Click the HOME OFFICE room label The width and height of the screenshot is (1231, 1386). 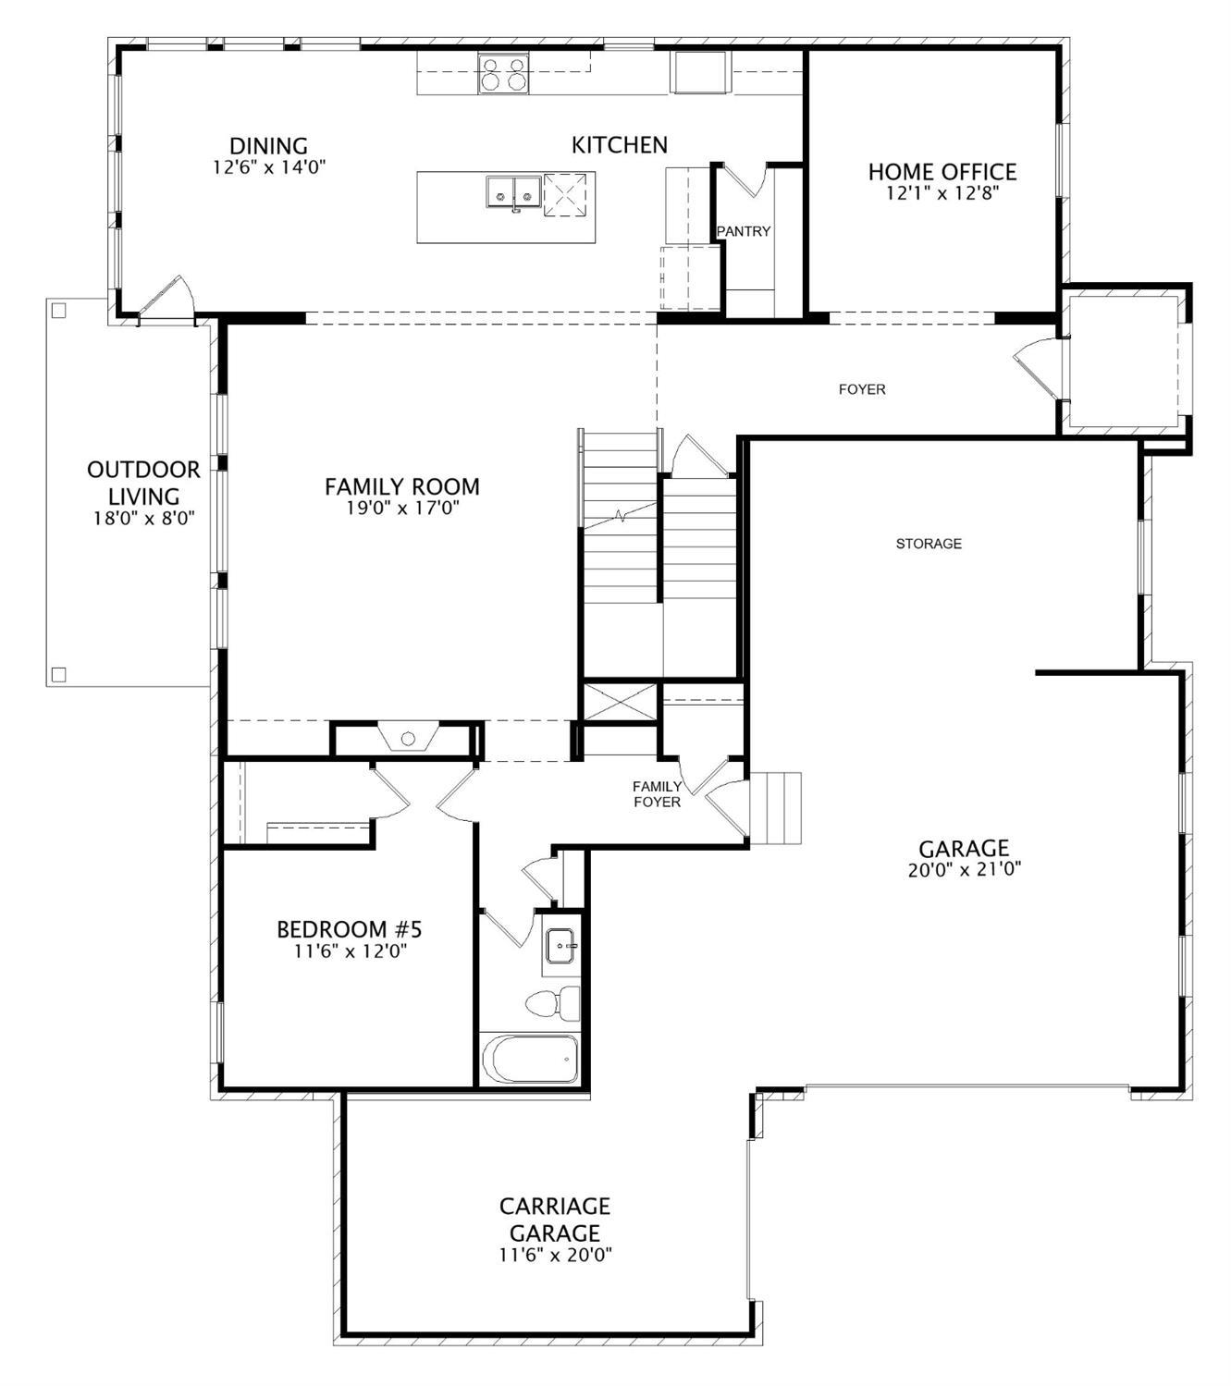942,172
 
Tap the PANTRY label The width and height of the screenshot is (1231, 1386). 744,231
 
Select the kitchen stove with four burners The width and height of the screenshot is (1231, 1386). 503,73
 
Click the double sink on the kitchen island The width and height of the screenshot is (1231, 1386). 512,192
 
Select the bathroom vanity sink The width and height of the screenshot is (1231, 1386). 560,946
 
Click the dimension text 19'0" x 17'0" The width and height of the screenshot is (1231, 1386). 402,508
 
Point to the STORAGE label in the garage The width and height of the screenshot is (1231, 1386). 929,544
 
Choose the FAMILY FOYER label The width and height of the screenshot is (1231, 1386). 657,794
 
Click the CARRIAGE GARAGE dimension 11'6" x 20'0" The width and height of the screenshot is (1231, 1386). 555,1255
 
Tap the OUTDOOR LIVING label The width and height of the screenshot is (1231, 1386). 143,483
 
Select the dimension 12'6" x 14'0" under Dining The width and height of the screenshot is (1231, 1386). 268,167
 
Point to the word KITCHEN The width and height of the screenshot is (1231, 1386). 619,145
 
